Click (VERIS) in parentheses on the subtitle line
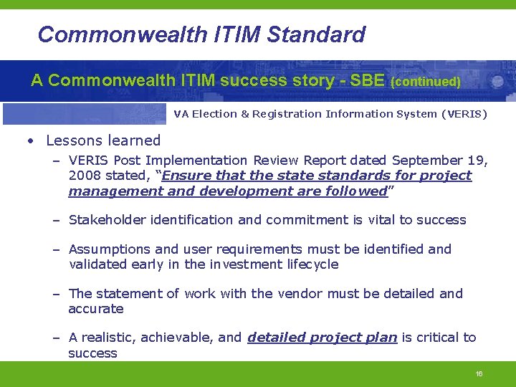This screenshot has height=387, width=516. (x=464, y=114)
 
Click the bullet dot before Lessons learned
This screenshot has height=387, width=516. (x=32, y=141)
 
